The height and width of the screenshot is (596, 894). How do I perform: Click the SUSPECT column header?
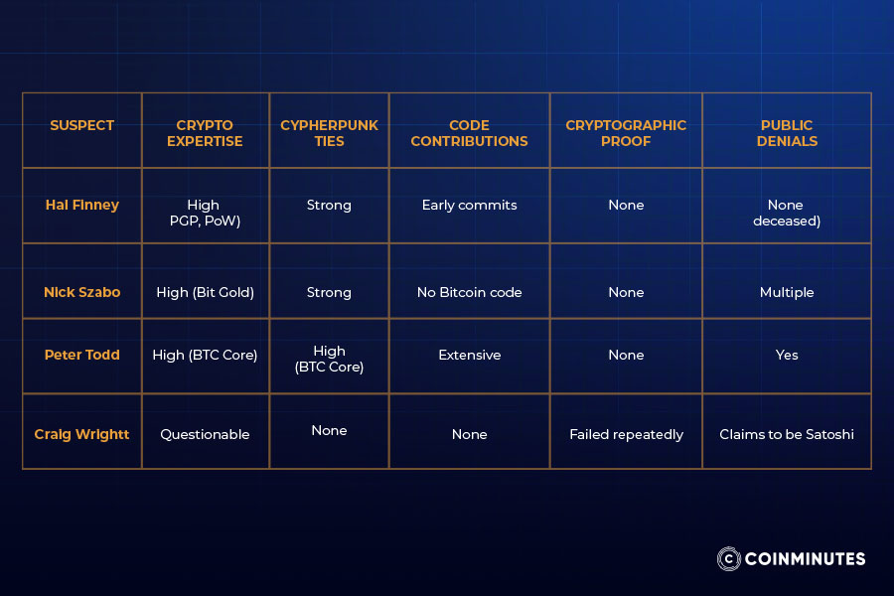[81, 126]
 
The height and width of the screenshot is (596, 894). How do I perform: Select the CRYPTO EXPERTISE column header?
[205, 133]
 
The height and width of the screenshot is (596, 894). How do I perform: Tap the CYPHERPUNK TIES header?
[329, 133]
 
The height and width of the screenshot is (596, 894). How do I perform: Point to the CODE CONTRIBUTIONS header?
[469, 133]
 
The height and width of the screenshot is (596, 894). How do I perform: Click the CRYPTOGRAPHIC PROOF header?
[626, 133]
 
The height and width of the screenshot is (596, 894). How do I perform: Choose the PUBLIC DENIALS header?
[787, 133]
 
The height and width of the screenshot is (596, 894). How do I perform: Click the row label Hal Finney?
[81, 205]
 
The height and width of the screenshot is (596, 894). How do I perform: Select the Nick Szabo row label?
[81, 292]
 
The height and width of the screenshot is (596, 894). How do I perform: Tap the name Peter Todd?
[81, 355]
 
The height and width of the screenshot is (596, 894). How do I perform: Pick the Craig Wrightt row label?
[81, 434]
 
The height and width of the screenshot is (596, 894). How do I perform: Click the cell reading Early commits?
[469, 205]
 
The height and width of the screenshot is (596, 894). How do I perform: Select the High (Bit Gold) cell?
[205, 292]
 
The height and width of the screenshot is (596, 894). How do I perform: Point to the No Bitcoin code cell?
[469, 292]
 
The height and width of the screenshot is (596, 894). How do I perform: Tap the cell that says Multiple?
[787, 292]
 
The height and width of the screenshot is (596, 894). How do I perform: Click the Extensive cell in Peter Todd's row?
[469, 355]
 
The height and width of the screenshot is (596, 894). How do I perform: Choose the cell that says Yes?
[787, 355]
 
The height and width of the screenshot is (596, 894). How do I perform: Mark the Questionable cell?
[205, 434]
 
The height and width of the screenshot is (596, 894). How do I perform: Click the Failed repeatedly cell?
[626, 434]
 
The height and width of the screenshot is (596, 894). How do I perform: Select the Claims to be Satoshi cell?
[787, 434]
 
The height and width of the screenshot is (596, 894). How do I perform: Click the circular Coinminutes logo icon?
[729, 558]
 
